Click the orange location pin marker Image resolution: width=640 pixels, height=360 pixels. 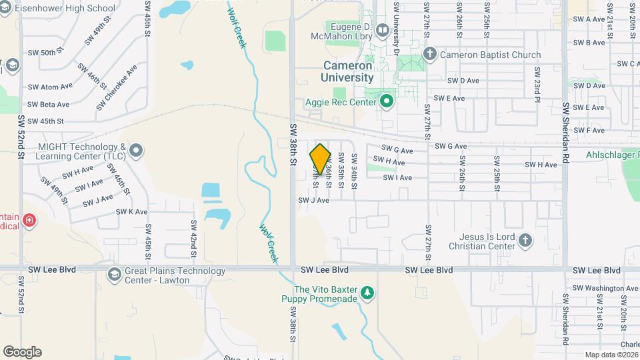320,160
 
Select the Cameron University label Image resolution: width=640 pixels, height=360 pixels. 347,71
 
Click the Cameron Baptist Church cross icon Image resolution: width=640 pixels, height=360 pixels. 430,55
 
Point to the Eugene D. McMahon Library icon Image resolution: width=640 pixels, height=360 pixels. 383,29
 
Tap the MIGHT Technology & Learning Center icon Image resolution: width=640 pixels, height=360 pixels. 137,151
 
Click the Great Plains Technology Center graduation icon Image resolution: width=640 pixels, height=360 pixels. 114,274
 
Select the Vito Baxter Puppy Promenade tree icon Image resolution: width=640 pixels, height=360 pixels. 367,293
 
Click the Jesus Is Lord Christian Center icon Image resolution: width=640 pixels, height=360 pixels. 525,241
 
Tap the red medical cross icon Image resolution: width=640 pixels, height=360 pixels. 29,220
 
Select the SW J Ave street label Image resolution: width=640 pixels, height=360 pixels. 313,200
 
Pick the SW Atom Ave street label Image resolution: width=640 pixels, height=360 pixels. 50,87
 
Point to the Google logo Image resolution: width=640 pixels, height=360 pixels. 22,352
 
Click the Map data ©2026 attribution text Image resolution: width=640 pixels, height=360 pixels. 611,355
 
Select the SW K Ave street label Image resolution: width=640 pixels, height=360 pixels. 131,212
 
